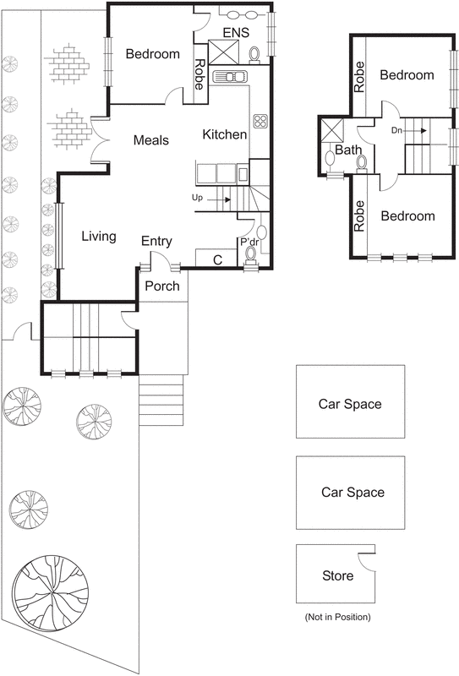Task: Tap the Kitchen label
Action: click(x=225, y=134)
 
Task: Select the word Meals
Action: click(x=152, y=140)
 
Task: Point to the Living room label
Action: click(x=99, y=237)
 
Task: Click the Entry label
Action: click(x=156, y=242)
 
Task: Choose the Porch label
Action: click(x=162, y=286)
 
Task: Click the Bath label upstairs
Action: click(x=348, y=150)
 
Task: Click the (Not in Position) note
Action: click(x=336, y=619)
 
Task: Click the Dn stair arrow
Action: click(x=418, y=131)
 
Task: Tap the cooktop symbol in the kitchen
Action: click(x=260, y=120)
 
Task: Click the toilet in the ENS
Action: click(x=255, y=55)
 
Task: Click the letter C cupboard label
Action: click(x=217, y=260)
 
